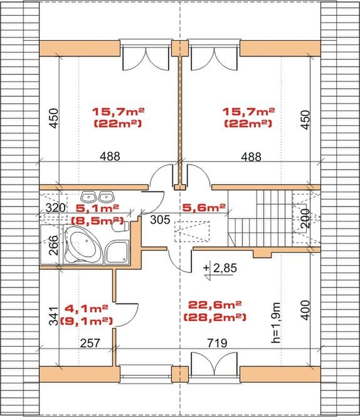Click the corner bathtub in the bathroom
[83, 245]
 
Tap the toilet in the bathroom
[120, 226]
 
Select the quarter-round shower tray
[117, 252]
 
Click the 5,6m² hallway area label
[204, 207]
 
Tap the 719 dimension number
[218, 343]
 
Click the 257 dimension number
[90, 343]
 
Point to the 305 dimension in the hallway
[160, 220]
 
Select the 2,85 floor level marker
[220, 269]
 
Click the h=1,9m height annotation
[276, 322]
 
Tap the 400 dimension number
[305, 310]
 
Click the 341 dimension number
[54, 316]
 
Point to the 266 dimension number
[54, 245]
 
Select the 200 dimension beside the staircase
[305, 218]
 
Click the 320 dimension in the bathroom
[55, 208]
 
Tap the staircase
[260, 219]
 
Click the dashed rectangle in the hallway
[192, 231]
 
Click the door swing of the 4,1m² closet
[127, 315]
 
